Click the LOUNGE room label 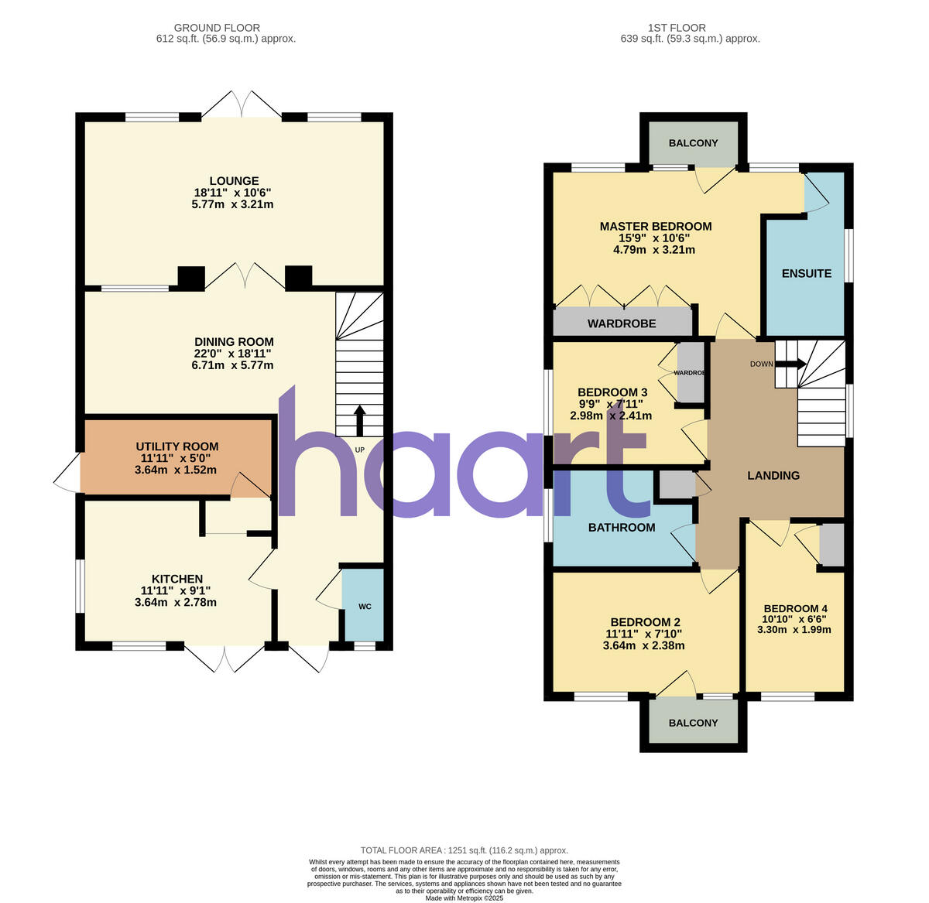(x=233, y=181)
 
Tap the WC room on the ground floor (x=364, y=606)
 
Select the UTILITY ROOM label (x=177, y=446)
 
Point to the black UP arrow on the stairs (x=359, y=421)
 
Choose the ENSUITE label (x=807, y=273)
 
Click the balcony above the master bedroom (x=693, y=143)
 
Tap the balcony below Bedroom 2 (x=693, y=723)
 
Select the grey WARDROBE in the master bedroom (x=622, y=323)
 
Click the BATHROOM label (x=622, y=528)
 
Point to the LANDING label (x=773, y=475)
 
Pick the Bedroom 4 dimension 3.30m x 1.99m (x=794, y=629)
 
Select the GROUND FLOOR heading (x=217, y=28)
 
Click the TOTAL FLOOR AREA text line (x=464, y=850)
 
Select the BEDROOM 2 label (x=645, y=622)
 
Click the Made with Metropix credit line (x=464, y=898)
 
